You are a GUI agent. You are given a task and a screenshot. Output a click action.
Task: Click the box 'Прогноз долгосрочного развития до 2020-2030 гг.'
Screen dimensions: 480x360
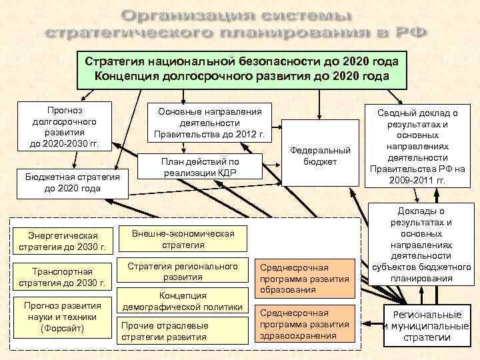tap(60, 127)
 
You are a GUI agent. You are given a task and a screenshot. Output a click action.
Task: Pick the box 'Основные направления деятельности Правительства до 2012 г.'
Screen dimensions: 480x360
tap(209, 123)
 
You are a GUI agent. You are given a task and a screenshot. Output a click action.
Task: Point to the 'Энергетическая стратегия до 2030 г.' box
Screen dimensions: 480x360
tap(63, 241)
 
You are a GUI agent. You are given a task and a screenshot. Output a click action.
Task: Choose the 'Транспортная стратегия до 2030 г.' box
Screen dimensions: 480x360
tap(63, 276)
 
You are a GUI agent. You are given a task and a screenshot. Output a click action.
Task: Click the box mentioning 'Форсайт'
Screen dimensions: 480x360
tap(63, 317)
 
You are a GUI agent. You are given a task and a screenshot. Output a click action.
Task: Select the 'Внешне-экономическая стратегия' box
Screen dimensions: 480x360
tap(183, 239)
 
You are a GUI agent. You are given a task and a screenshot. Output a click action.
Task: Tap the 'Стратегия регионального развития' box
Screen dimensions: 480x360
tap(183, 272)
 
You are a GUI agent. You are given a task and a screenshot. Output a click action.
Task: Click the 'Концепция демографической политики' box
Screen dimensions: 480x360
tap(183, 301)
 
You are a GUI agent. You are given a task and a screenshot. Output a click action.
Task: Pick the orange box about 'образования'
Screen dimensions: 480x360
tap(304, 277)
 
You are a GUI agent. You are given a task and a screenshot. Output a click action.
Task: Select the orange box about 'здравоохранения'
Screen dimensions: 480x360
tap(304, 324)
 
